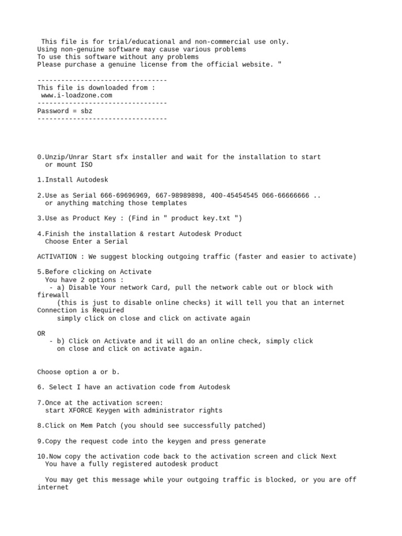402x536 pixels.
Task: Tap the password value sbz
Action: [86, 111]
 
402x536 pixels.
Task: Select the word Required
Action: [92, 310]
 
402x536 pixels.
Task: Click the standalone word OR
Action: [41, 333]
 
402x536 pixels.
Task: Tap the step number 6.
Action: [40, 387]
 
